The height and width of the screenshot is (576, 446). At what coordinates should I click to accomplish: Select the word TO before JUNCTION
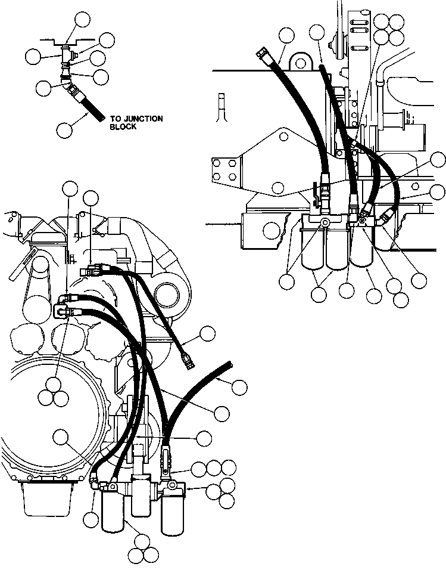coord(115,119)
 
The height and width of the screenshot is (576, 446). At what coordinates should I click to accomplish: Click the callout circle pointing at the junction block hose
coord(65,128)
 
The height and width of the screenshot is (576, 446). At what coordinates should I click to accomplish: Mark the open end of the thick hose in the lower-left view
coord(229,364)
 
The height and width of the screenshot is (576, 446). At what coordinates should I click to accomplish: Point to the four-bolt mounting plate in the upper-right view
coord(226,168)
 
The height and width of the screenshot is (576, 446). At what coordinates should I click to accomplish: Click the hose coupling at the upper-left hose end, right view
coord(263,54)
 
